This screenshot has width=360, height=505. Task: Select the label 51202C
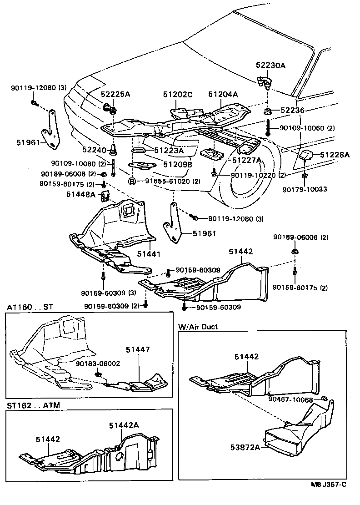178,95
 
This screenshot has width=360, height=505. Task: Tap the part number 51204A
223,95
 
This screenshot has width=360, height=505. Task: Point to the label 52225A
115,95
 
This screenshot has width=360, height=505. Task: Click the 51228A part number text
335,155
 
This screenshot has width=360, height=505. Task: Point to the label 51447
138,349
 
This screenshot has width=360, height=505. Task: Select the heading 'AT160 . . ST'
30,307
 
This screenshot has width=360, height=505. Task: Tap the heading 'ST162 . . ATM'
33,405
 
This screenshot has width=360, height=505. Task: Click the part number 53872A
246,447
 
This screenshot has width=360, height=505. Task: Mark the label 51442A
124,425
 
